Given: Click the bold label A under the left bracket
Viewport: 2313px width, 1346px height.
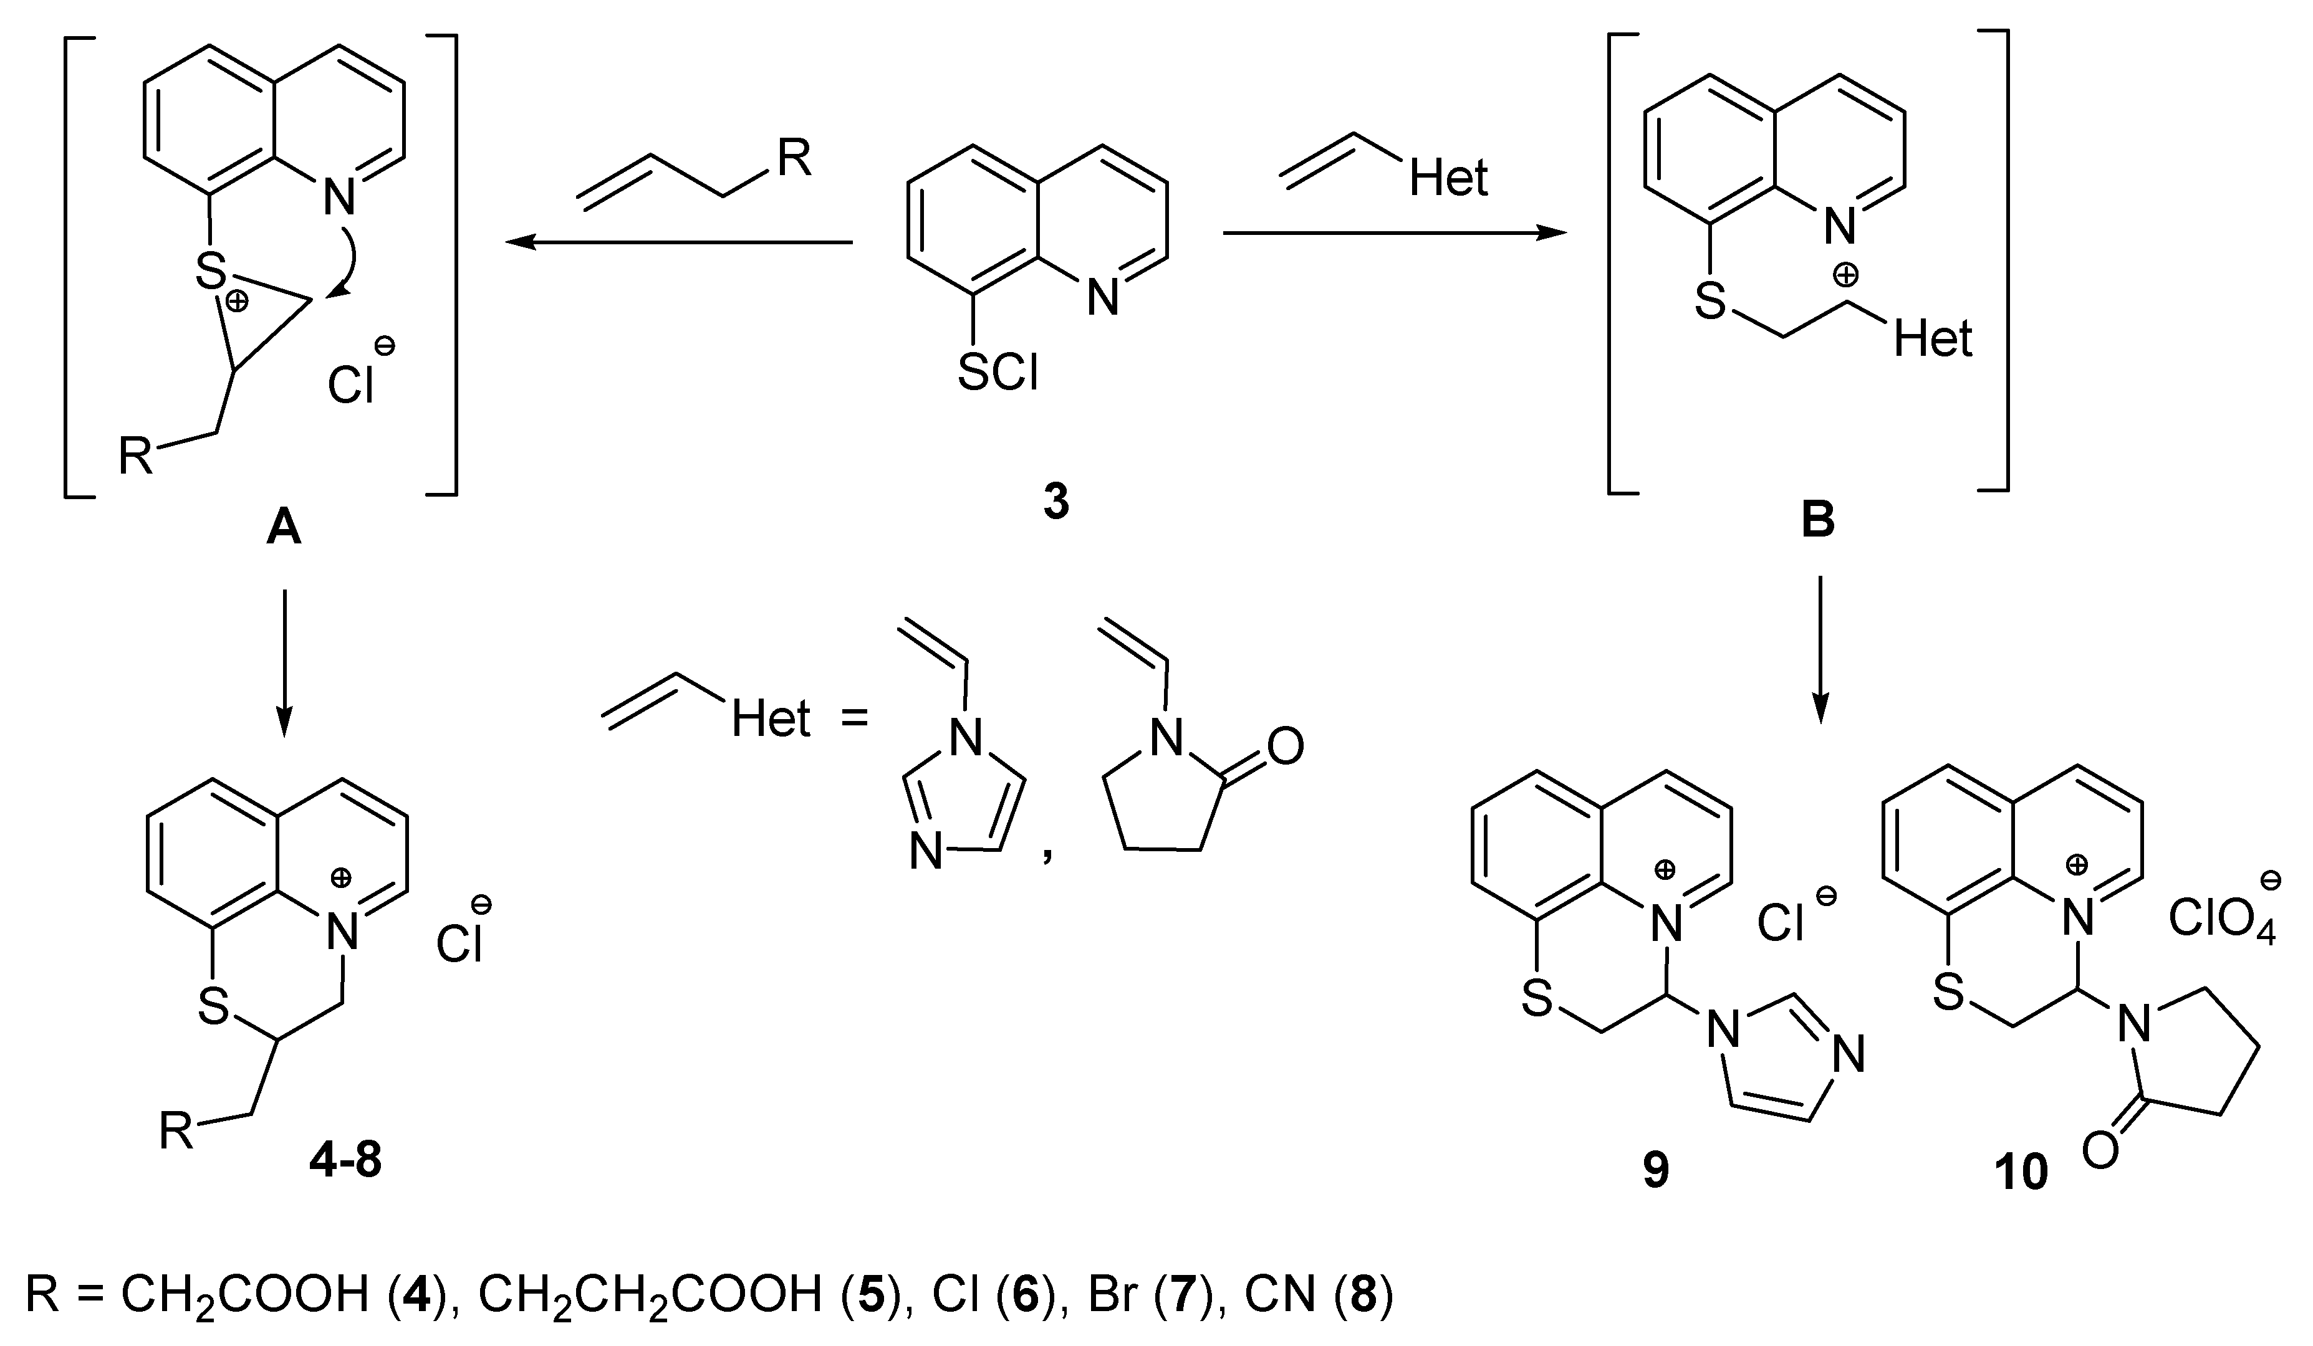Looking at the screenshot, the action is [x=284, y=530].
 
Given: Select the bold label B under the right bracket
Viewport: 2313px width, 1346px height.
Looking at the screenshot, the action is [x=1818, y=520].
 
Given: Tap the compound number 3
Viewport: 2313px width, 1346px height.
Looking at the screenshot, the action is [x=1057, y=504].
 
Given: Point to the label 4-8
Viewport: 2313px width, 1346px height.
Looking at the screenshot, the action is [x=345, y=1163].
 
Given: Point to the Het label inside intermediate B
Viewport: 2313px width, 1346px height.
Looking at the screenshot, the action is [x=1932, y=340].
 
